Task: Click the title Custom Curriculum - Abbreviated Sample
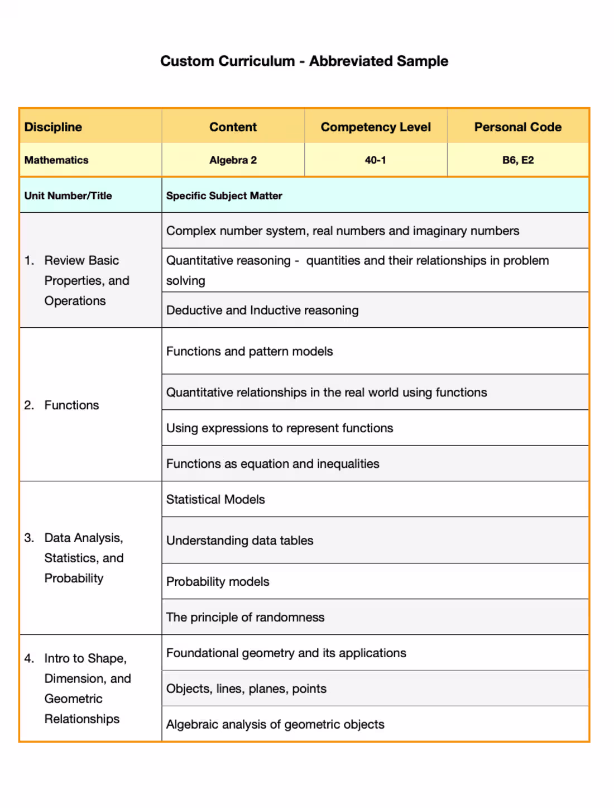(304, 61)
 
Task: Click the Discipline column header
(53, 127)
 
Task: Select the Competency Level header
(376, 127)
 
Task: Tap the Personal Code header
(517, 127)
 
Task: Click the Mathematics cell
(56, 160)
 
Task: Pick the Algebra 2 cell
(233, 160)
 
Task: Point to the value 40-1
(376, 160)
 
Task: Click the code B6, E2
(517, 160)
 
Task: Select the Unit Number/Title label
(68, 196)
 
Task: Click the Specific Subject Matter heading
(224, 196)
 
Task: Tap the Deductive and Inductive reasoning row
(262, 310)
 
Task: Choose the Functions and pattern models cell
(250, 351)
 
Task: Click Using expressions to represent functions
(280, 428)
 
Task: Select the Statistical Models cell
(215, 500)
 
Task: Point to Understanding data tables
(239, 541)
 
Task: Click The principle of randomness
(245, 618)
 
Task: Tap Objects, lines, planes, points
(246, 689)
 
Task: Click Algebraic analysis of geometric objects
(275, 725)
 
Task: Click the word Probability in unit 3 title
(74, 578)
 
